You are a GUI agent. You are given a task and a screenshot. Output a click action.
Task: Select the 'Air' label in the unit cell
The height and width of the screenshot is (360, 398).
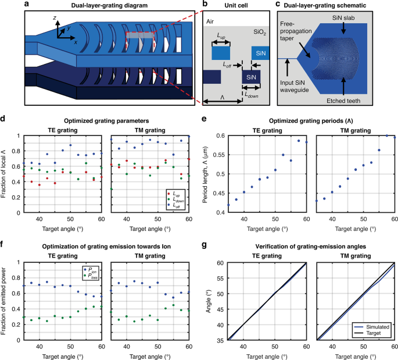211,21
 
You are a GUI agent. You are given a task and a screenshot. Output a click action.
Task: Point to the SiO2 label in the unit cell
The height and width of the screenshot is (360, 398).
260,33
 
